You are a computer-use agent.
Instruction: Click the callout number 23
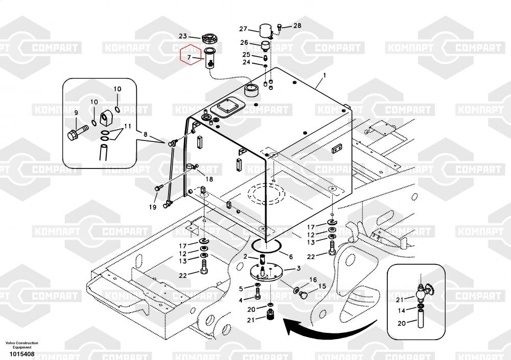(182, 36)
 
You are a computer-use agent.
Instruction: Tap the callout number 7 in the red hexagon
(189, 58)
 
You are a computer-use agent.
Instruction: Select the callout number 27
(243, 29)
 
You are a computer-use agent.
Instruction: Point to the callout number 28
(297, 26)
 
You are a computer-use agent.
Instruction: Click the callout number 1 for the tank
(324, 75)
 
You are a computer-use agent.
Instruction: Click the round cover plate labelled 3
(267, 274)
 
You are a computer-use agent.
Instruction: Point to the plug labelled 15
(304, 295)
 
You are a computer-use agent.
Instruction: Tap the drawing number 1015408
(22, 354)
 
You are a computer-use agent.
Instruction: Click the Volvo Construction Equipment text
(22, 345)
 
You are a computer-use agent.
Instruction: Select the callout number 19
(153, 207)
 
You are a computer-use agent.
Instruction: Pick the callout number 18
(209, 179)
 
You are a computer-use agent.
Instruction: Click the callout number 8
(145, 134)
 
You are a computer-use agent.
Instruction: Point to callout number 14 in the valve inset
(402, 311)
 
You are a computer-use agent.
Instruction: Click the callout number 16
(313, 279)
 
